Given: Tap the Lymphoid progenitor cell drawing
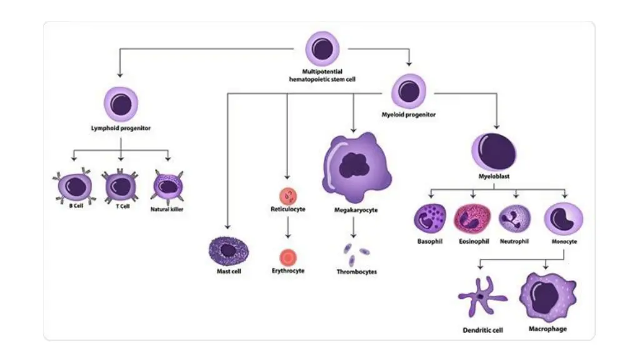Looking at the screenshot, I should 121,104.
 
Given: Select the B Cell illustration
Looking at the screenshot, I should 75,186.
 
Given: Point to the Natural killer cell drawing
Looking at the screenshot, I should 167,186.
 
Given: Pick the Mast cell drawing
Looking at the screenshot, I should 228,251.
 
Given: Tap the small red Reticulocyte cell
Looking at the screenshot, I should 287,194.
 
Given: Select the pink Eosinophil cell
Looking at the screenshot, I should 472,219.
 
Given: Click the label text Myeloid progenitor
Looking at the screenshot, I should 409,115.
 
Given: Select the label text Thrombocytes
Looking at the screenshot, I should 357,272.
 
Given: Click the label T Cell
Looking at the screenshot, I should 122,207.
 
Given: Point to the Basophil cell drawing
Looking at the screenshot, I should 430,219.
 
